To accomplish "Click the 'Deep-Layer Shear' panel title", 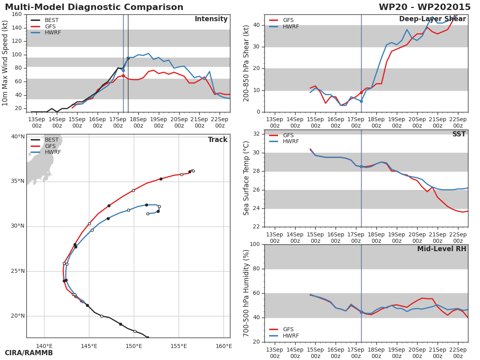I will (x=432, y=19).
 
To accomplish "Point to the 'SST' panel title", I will (x=459, y=134).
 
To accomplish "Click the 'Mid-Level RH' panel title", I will (x=442, y=249).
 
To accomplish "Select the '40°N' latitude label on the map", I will (x=18, y=137).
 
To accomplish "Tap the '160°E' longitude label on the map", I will (x=224, y=346).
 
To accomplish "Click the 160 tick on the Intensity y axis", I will (x=17, y=14).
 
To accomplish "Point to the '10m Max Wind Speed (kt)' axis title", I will (x=6, y=63).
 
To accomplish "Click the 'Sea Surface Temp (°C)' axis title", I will (x=246, y=178).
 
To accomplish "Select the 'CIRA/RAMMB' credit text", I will (x=29, y=353).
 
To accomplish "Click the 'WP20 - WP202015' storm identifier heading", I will (x=424, y=7).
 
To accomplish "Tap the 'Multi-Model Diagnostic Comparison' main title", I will (x=94, y=7).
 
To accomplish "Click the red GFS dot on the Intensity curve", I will (x=123, y=76).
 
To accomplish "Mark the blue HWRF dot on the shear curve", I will (x=361, y=101).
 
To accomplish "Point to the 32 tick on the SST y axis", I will (x=256, y=134).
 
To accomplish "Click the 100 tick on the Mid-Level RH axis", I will (x=255, y=244).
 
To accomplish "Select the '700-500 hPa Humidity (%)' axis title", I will (x=246, y=293).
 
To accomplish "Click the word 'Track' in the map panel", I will (x=218, y=140).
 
